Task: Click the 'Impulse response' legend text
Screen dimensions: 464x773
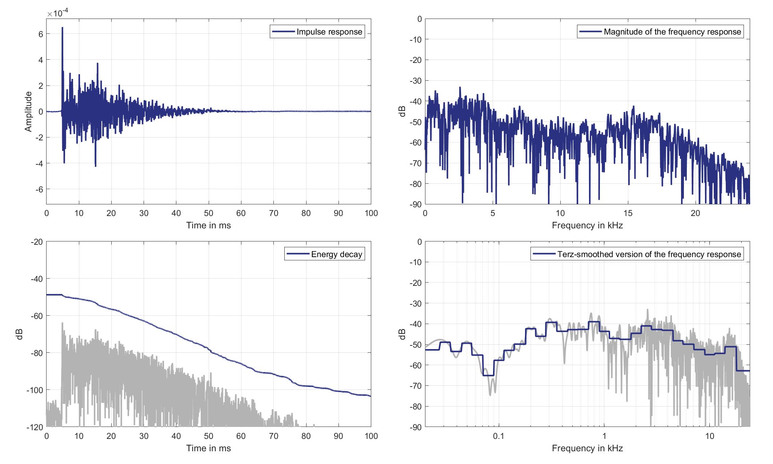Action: coord(329,32)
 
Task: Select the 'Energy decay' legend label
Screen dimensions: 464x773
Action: coord(336,254)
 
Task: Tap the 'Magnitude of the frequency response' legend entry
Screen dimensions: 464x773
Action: coord(672,32)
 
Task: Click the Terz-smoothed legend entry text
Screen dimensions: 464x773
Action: coord(649,254)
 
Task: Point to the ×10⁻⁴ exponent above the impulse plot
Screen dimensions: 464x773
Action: coord(58,13)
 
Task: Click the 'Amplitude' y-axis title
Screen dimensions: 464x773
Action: coord(28,112)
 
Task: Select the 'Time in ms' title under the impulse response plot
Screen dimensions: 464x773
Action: coord(208,225)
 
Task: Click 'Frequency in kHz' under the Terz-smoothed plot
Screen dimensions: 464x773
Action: coord(587,448)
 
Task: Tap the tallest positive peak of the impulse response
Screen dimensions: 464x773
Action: coord(62,28)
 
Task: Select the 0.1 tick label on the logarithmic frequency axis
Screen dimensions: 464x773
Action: coord(498,436)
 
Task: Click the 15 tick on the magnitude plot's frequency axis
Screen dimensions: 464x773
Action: coord(628,213)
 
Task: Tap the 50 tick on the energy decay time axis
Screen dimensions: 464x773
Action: coord(208,436)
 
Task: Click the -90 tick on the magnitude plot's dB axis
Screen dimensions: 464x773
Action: coord(415,204)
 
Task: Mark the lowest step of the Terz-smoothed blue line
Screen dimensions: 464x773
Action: coord(488,375)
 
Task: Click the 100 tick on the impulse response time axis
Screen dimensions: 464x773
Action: coord(371,213)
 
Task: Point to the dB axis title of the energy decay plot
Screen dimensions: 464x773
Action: coord(20,334)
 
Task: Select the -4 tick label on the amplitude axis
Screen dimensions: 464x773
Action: coord(39,163)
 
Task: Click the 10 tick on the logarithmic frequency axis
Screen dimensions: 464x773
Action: coord(709,436)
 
